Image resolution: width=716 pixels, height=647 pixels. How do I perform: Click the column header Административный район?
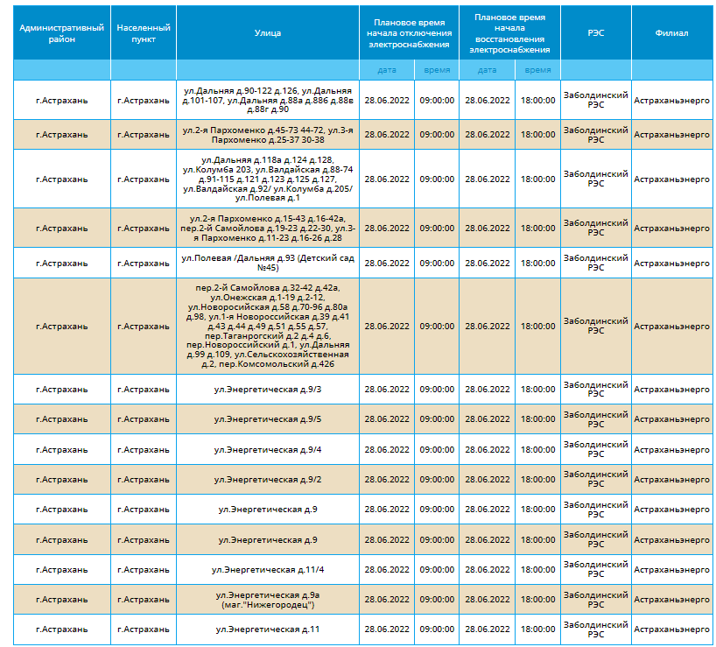tap(61, 33)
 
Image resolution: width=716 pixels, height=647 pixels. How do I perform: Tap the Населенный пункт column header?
tap(144, 33)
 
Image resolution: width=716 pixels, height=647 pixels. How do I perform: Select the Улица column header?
tap(268, 33)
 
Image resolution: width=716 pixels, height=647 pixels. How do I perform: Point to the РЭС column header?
tap(596, 33)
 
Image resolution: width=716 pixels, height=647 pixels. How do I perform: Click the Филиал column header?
tap(671, 33)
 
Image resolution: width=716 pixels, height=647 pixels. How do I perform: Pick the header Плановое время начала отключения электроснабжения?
tap(409, 33)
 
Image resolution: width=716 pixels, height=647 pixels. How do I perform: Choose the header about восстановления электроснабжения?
tap(509, 33)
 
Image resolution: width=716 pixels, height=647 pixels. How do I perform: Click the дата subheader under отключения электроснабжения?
tap(387, 70)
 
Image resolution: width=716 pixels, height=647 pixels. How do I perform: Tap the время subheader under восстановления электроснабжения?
tap(538, 70)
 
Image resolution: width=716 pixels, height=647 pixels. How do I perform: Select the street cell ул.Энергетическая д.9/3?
tap(268, 390)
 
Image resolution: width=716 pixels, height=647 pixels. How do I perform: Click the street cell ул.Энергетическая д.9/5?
tap(268, 419)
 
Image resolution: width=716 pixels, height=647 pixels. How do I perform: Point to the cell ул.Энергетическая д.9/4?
tap(268, 450)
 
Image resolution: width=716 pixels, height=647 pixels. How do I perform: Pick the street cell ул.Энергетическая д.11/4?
tap(268, 570)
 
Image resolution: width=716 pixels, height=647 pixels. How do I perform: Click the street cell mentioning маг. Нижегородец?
tap(268, 600)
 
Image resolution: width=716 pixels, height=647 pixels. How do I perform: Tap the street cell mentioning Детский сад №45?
tap(268, 263)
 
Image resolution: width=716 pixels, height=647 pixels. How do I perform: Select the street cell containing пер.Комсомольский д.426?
tap(268, 326)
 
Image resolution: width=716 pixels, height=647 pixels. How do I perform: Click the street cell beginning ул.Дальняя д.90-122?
tap(268, 100)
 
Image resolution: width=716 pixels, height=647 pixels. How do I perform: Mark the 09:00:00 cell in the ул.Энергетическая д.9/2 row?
tap(437, 480)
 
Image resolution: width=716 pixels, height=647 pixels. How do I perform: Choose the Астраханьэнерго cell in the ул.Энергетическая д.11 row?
tap(671, 629)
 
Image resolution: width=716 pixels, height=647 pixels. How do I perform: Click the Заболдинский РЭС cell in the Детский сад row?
tap(596, 263)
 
